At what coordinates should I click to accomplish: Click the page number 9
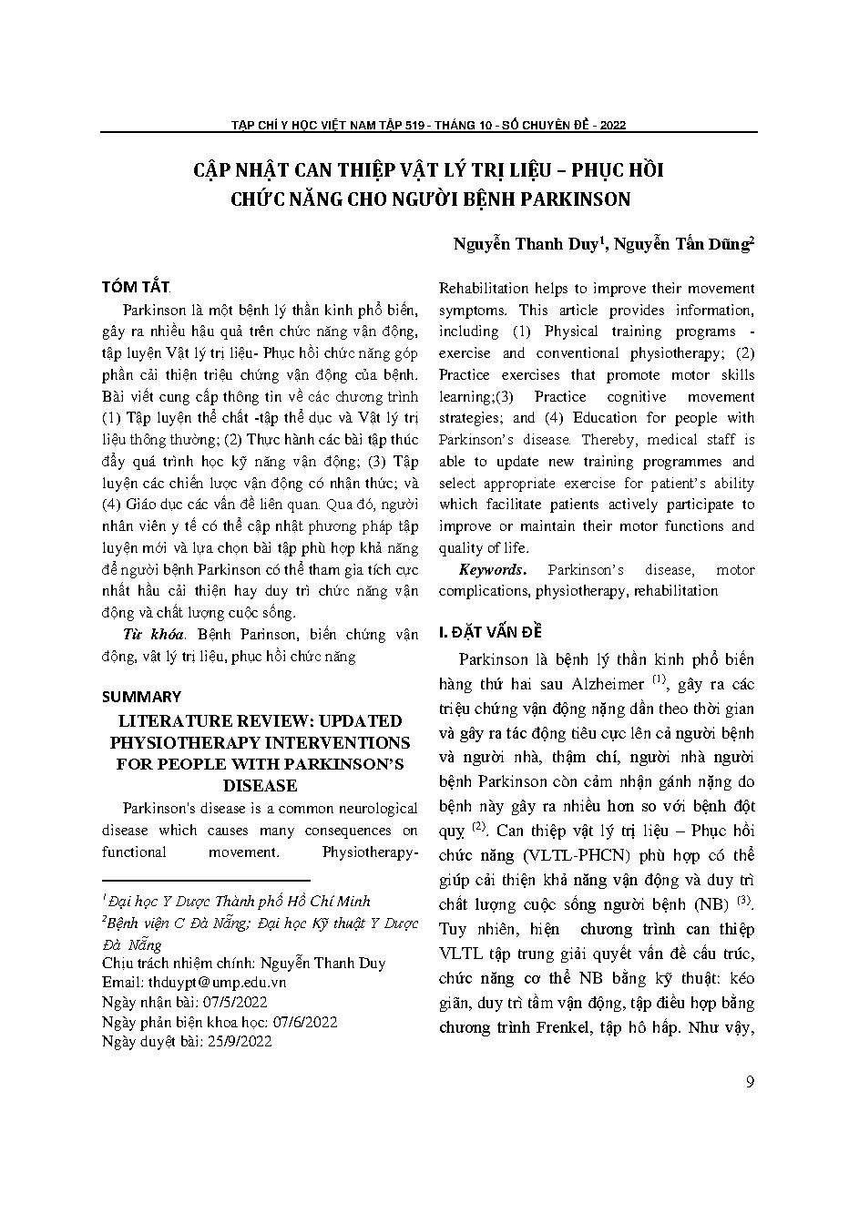(x=750, y=1082)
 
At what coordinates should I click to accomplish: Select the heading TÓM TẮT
(x=135, y=287)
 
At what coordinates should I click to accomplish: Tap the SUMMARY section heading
(x=141, y=697)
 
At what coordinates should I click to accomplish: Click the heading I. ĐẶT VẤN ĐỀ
(x=492, y=632)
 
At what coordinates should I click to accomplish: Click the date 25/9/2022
(x=238, y=1042)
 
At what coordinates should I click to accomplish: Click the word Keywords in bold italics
(x=492, y=570)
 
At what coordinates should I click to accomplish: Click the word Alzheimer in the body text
(x=608, y=684)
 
